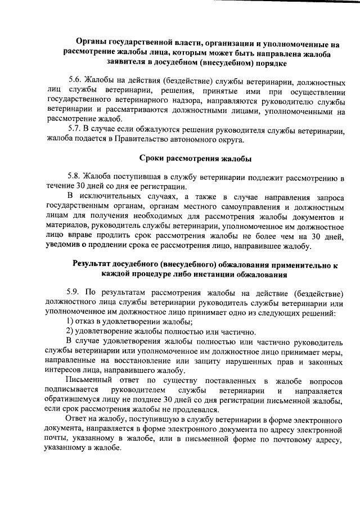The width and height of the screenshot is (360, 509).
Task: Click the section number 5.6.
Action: pos(74,81)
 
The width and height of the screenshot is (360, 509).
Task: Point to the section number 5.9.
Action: pos(74,293)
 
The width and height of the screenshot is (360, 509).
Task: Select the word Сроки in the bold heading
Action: pos(156,158)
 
